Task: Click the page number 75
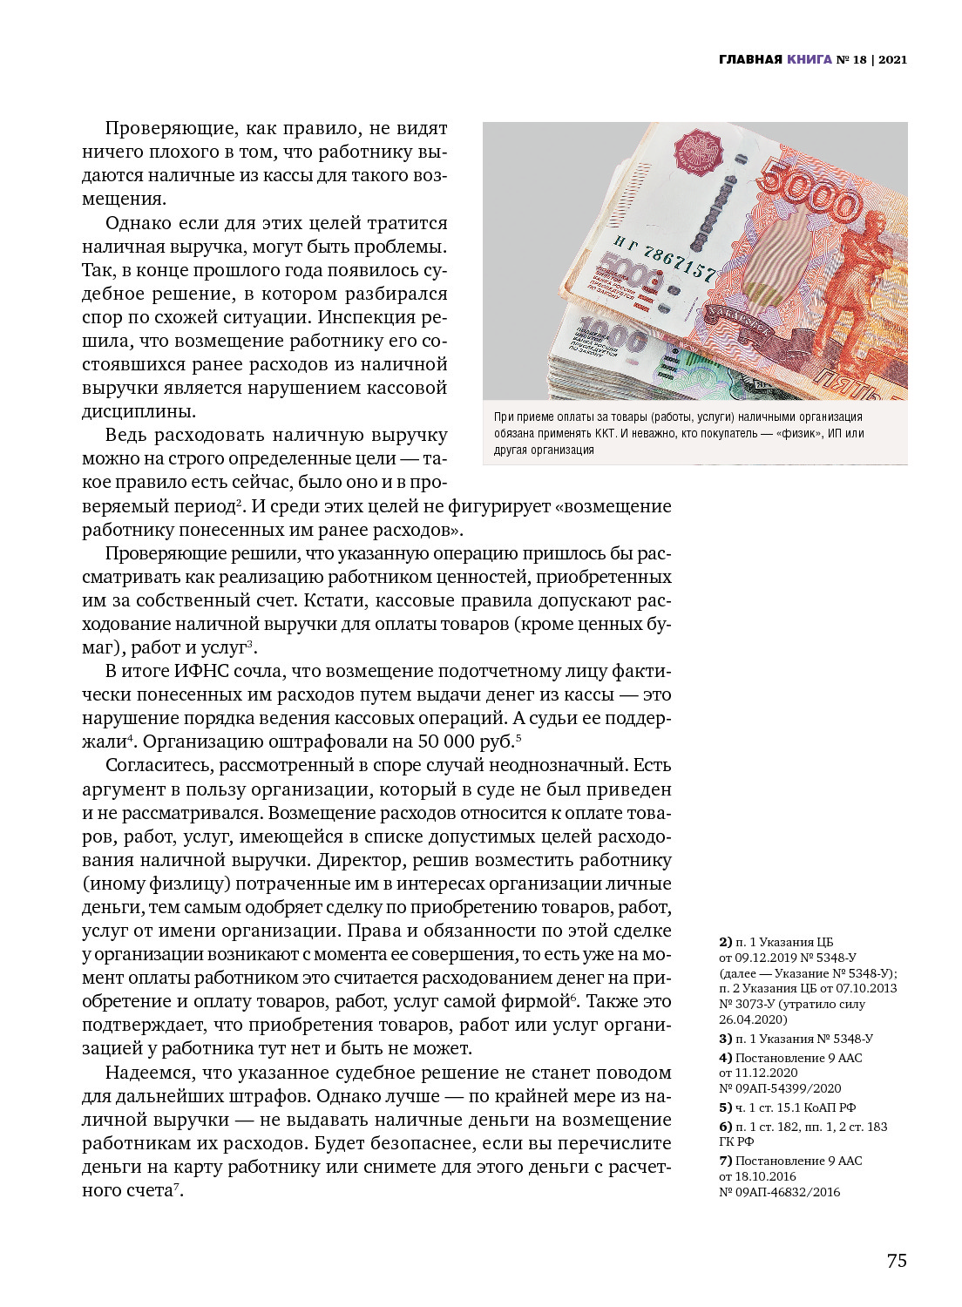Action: [x=897, y=1261]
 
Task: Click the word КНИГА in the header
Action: [x=810, y=59]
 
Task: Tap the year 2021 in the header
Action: [x=892, y=59]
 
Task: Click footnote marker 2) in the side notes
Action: [x=726, y=942]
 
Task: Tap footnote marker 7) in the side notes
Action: [x=726, y=1161]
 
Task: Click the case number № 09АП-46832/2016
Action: [x=779, y=1192]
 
